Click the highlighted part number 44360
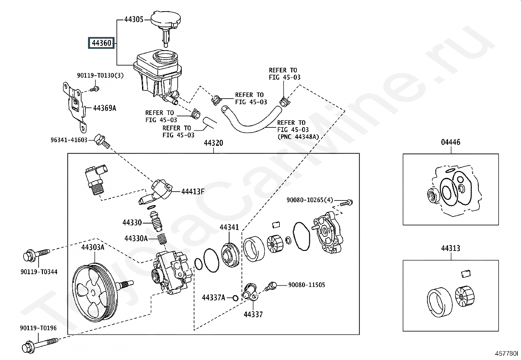click(x=101, y=43)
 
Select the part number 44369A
click(x=105, y=108)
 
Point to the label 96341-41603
click(x=69, y=140)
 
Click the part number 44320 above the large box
click(x=213, y=143)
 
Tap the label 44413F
click(x=193, y=191)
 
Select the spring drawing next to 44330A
click(x=161, y=239)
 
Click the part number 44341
click(x=229, y=227)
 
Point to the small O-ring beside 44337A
click(x=235, y=298)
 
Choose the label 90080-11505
click(x=307, y=285)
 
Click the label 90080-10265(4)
click(x=310, y=200)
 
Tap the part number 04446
click(x=451, y=142)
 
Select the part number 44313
click(x=451, y=248)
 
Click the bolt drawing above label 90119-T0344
click(x=36, y=255)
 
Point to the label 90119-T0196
click(x=38, y=328)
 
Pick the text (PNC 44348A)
click(x=298, y=137)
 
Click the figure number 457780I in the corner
click(x=506, y=353)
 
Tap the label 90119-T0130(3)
click(x=100, y=75)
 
